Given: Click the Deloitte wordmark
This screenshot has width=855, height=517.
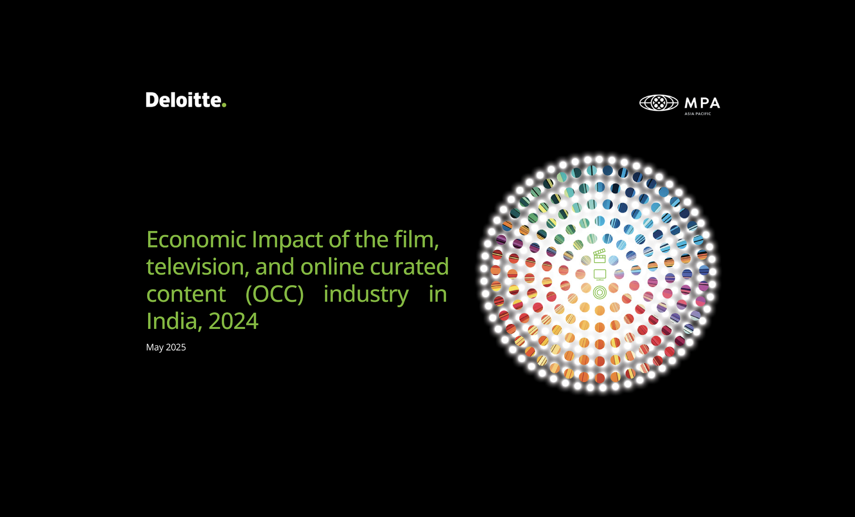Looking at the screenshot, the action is coord(186,100).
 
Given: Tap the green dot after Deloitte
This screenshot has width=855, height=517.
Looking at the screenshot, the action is coord(224,105).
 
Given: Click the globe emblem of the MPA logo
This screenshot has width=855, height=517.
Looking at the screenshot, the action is coord(659,103).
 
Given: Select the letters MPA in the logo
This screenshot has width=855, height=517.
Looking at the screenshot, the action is coord(702,103).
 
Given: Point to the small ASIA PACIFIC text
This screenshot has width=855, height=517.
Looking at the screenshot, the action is coord(698,114).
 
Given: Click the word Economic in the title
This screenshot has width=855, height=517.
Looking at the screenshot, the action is coord(196,240).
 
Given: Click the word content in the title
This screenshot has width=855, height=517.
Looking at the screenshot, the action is coord(186,294).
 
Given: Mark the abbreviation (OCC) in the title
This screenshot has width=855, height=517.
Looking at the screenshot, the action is coord(275,294).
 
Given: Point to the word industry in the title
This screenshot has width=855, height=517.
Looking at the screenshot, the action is coord(366,295).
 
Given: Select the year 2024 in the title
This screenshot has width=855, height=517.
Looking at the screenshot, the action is coord(233,322).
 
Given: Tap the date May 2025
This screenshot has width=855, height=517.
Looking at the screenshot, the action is coord(166,347).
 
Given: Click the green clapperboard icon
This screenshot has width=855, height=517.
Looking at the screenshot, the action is coord(599,256).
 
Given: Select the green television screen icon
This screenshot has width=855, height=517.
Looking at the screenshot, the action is coord(600,275).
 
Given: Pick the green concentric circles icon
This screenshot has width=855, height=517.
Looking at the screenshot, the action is coord(600,292).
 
